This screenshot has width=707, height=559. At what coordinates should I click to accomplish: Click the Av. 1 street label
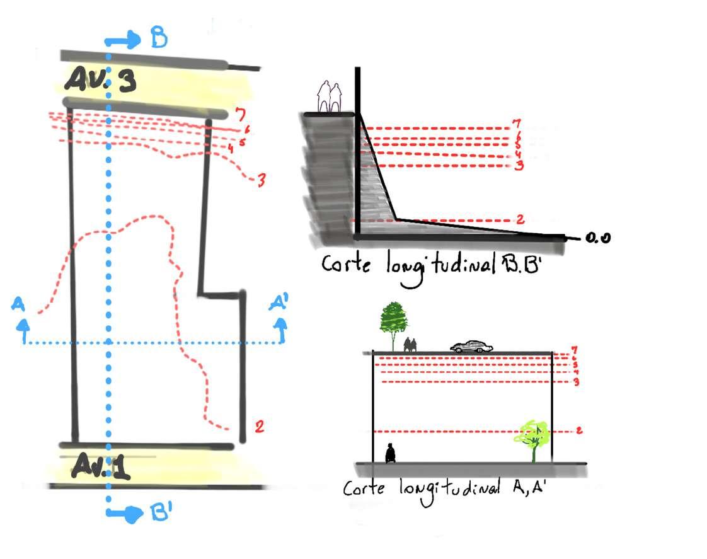[x=101, y=466]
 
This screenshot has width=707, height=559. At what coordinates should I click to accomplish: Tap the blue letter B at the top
[x=159, y=40]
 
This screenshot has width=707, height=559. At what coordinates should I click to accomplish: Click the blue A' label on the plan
[x=279, y=304]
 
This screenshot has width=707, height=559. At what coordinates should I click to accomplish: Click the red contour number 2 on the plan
[x=258, y=427]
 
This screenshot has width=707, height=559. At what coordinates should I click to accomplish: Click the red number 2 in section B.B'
[x=520, y=219]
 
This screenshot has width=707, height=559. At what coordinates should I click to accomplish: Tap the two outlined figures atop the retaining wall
[x=329, y=98]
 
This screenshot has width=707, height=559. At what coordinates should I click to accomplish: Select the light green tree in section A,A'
[x=533, y=436]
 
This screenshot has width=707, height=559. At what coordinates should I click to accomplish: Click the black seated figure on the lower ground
[x=391, y=453]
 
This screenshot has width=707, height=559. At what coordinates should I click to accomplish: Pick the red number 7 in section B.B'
[x=517, y=122]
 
